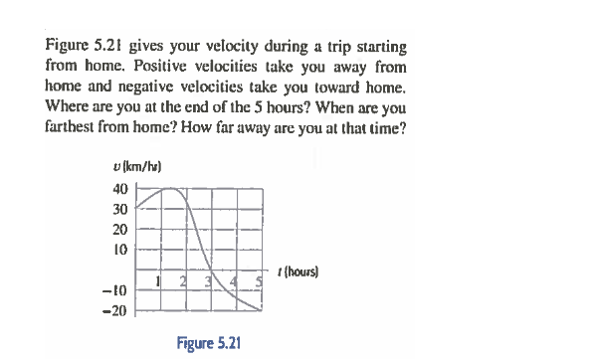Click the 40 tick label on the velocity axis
(x=119, y=190)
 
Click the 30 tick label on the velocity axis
(x=119, y=209)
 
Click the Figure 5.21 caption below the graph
(x=208, y=342)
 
